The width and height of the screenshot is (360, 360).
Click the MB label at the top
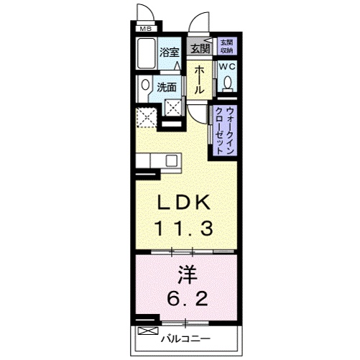pyautogui.click(x=146, y=29)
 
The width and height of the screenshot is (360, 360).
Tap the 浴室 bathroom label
pyautogui.click(x=169, y=52)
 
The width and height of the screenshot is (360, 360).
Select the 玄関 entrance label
pyautogui.click(x=200, y=49)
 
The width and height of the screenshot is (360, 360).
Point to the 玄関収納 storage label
pyautogui.click(x=226, y=45)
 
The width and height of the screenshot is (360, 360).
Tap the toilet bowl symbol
pyautogui.click(x=228, y=85)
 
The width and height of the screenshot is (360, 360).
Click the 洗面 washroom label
pyautogui.click(x=167, y=88)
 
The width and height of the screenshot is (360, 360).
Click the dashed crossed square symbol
pyautogui.click(x=147, y=116)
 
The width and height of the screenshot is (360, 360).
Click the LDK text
pyautogui.click(x=185, y=203)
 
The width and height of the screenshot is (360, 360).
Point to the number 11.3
pyautogui.click(x=185, y=230)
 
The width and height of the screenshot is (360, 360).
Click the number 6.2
pyautogui.click(x=185, y=297)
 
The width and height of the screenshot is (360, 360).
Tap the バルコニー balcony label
pyautogui.click(x=185, y=338)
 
